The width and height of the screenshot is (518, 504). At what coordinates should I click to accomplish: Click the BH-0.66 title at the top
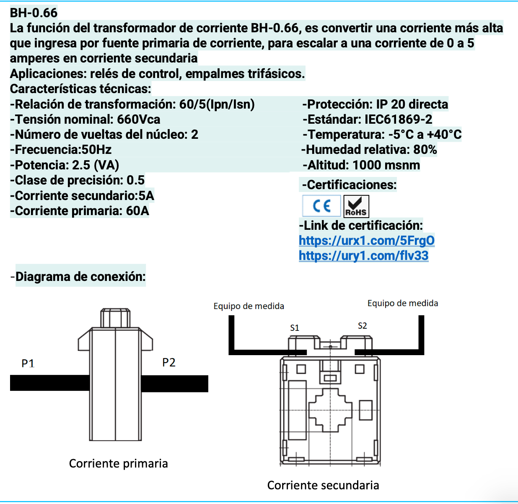pos(34,13)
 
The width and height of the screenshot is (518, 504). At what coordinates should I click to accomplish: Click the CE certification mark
pos(321,206)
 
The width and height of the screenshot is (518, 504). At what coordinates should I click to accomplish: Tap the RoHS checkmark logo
pos(356,206)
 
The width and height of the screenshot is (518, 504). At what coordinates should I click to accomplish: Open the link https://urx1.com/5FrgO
pos(366,240)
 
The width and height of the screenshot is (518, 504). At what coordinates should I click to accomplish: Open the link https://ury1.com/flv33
pos(363,255)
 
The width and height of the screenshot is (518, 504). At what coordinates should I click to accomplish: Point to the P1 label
pos(28,363)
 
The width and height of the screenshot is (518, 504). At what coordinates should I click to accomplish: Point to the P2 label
pos(169,362)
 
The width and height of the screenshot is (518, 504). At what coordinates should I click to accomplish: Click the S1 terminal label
pos(295,327)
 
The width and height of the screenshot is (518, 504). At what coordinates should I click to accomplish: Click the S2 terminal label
pos(363,326)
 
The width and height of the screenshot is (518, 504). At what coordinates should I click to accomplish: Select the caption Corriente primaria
pos(118,463)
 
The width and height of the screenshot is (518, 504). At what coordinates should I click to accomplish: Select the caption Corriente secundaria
pos(323,485)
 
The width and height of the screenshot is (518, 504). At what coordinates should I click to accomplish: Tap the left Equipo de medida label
pos(249,306)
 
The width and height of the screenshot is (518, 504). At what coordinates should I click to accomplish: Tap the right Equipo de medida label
pos(402,303)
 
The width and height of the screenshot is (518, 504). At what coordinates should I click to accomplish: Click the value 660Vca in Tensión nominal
pos(138,120)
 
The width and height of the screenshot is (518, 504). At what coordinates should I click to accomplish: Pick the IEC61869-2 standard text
pos(398,120)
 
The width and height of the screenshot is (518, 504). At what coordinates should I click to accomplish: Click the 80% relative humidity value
pos(425,150)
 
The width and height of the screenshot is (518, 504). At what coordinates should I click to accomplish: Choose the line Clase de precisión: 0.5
pos(78,180)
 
